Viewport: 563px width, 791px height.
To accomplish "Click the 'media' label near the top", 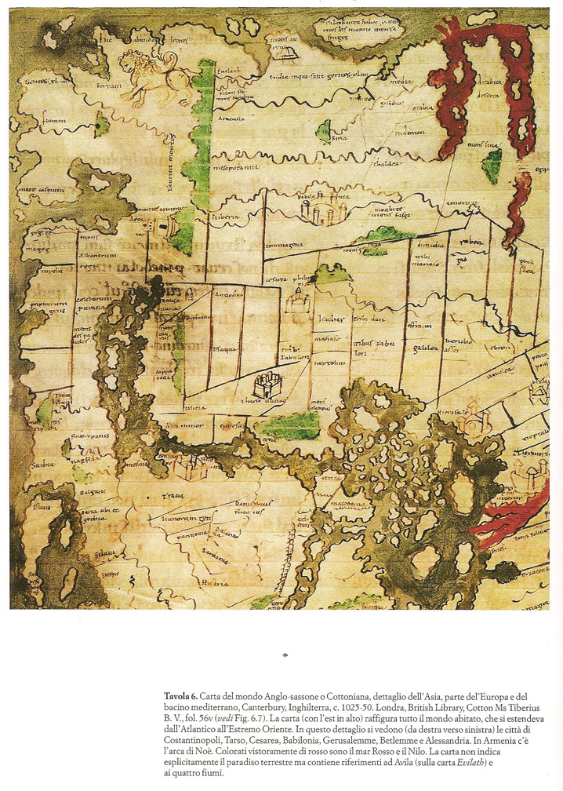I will (401, 80).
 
